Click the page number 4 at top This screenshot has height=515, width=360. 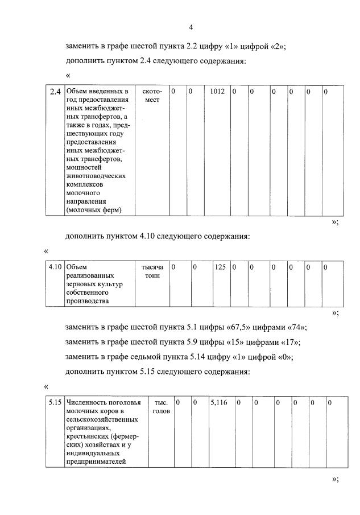pos(191,27)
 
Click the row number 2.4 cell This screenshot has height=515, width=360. pos(55,92)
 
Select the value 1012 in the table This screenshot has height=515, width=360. pos(217,91)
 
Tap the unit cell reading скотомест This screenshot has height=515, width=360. pos(151,96)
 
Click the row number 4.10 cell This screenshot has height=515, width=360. pos(55,266)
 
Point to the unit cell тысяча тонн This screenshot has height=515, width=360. pos(151,271)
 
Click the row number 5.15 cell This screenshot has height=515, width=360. pos(55,402)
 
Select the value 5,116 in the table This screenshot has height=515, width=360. pos(218,402)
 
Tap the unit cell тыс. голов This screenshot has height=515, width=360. pos(161,406)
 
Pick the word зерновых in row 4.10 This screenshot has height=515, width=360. pos(82,283)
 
